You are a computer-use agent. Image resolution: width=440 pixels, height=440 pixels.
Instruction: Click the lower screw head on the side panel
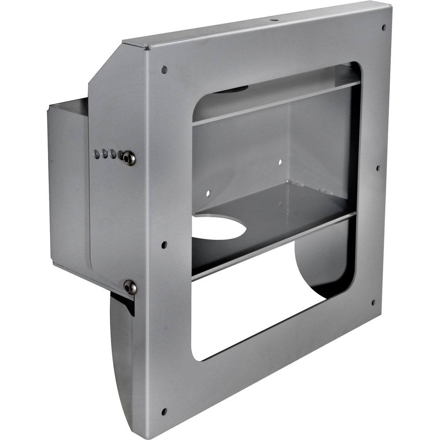click(x=130, y=287)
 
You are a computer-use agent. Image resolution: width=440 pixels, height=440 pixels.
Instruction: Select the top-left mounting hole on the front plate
click(x=164, y=70)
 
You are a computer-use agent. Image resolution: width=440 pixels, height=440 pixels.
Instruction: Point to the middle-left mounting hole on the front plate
click(x=164, y=245)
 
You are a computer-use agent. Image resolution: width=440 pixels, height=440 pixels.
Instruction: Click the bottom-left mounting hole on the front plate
click(x=164, y=412)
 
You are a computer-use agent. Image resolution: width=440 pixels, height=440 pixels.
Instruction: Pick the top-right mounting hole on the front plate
click(x=384, y=27)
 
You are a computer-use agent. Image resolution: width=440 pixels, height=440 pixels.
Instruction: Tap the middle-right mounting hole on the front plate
click(x=378, y=168)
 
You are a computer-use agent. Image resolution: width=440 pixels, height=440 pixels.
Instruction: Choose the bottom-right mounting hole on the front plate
click(x=373, y=303)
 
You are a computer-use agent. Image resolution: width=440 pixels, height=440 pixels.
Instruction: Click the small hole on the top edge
click(x=273, y=19)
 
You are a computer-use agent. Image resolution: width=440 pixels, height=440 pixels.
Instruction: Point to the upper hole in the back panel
click(x=280, y=162)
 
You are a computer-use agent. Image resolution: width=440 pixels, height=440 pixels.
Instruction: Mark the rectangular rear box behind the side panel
click(x=68, y=185)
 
